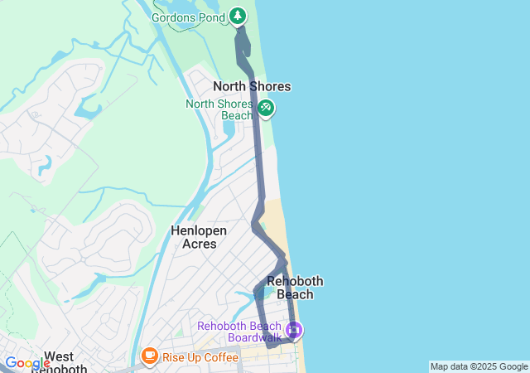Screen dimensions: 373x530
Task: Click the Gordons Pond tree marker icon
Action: click(x=238, y=15)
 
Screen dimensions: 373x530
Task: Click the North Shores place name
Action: click(x=252, y=86)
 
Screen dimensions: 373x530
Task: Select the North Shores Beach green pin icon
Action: click(x=266, y=107)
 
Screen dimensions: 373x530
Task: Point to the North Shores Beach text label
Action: click(x=219, y=109)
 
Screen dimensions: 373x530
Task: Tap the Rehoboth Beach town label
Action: click(x=295, y=288)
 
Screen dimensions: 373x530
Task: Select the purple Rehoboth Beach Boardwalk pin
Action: click(x=293, y=332)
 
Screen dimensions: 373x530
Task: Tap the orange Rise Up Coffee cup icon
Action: click(x=150, y=356)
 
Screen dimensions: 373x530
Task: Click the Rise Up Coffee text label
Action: click(x=200, y=357)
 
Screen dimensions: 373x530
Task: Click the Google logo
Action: click(x=26, y=363)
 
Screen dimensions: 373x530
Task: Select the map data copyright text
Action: click(x=479, y=366)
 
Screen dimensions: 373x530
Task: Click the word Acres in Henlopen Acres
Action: click(x=199, y=244)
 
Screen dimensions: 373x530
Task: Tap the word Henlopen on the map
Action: click(x=200, y=230)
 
